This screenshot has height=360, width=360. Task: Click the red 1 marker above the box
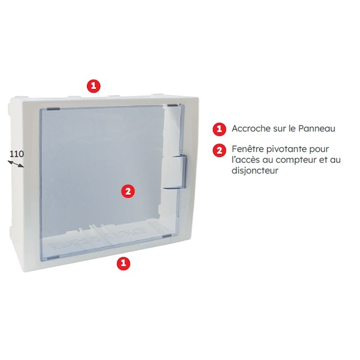93,85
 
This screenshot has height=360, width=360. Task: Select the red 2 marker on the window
128,191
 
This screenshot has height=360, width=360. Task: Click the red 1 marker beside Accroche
219,129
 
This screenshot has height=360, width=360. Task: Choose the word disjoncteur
255,171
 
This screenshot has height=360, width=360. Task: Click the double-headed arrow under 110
16,165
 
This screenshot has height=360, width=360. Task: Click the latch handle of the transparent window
176,172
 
